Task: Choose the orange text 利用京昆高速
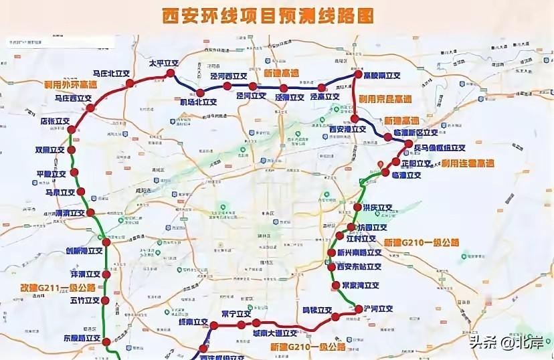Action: [385, 98]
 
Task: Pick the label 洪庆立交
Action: [377, 207]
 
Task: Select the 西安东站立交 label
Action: [359, 266]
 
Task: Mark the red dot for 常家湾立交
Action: [336, 286]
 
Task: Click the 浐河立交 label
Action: [379, 308]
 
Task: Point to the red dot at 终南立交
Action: [214, 326]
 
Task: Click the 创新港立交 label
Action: [84, 251]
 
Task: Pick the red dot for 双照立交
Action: [72, 151]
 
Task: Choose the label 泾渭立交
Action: [289, 98]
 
